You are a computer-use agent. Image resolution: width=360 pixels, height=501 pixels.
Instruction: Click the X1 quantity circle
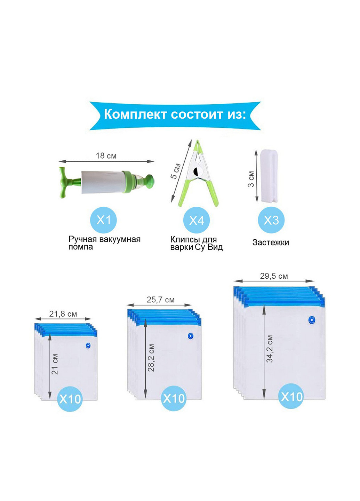tap(103, 220)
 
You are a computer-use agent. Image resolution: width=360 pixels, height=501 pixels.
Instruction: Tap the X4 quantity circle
tap(197, 220)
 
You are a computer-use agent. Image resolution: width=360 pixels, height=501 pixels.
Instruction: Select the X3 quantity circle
tap(271, 220)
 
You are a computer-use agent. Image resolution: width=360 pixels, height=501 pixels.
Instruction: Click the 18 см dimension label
tap(106, 156)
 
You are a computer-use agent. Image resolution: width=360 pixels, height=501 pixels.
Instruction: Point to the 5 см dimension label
tap(176, 171)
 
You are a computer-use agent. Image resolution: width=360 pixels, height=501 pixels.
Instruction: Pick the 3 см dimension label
tap(251, 179)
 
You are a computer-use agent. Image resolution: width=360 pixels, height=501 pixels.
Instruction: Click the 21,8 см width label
tap(63, 314)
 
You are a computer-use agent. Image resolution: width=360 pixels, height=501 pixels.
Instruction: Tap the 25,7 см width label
tap(161, 300)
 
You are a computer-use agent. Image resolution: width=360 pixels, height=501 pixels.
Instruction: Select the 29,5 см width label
tap(274, 276)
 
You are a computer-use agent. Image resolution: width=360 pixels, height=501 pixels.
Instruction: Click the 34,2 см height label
tap(270, 349)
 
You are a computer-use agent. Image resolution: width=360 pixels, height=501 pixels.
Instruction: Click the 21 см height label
tap(55, 364)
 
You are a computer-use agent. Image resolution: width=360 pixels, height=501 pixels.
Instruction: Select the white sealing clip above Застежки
tap(269, 176)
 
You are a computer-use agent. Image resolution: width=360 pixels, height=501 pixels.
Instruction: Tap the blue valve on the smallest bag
tap(88, 346)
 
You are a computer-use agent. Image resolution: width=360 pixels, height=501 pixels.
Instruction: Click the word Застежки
tap(271, 242)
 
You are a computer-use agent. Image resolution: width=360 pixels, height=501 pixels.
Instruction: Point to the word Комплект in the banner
tap(135, 114)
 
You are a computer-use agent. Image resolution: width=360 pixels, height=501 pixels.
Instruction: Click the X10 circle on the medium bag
tap(174, 398)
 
